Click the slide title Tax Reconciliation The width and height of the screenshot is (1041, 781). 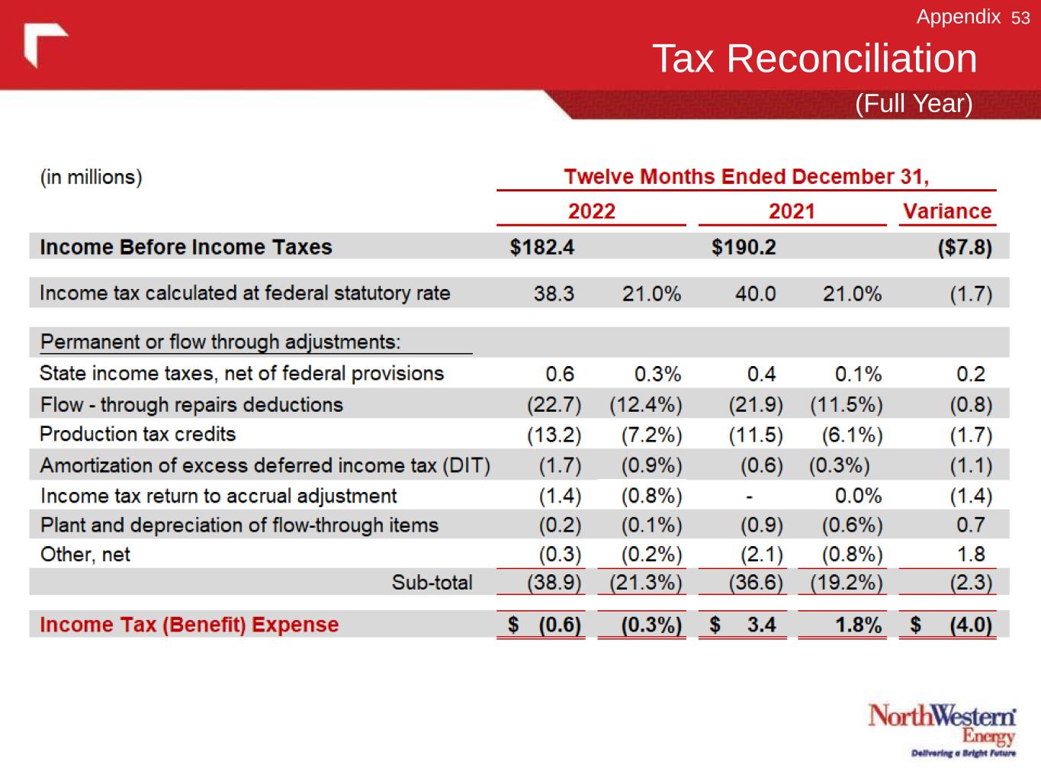[814, 59]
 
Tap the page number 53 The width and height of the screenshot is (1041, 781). [1020, 18]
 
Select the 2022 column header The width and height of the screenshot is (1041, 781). [591, 211]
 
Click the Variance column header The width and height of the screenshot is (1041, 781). [946, 211]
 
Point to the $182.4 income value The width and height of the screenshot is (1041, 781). [541, 247]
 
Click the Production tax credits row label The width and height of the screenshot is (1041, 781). [137, 434]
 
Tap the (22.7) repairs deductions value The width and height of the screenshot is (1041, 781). [554, 405]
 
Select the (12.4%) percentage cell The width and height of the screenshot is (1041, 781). [645, 405]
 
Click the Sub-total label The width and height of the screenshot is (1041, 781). [432, 583]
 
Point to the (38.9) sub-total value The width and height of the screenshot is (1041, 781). [554, 583]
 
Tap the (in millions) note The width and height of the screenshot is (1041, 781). [91, 177]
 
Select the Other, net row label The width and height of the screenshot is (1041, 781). [85, 554]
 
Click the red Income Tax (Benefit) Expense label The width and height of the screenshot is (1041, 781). [188, 625]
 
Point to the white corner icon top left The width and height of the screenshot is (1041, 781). [43, 43]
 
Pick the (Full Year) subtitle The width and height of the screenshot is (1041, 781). [913, 104]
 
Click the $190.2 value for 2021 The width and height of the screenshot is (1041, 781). [743, 247]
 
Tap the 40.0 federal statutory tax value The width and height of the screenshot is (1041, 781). [755, 294]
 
